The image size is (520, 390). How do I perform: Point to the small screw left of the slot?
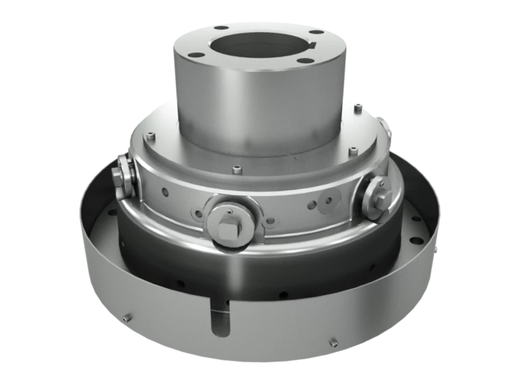point(127,317)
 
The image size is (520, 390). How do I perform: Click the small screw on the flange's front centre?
point(235,169)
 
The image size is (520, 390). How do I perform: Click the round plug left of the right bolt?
point(329,200)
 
